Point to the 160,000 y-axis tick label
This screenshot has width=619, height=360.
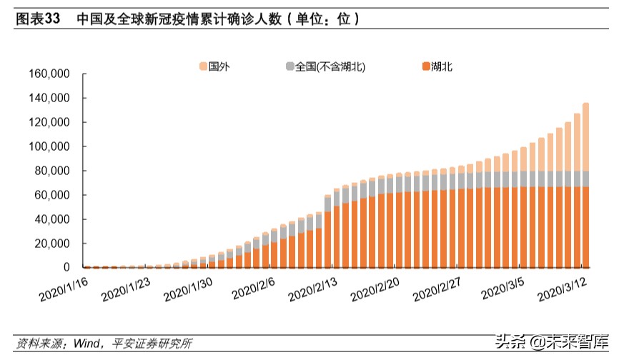(x=48, y=74)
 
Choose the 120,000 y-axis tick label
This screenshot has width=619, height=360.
(x=48, y=122)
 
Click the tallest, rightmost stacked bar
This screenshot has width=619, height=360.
(x=585, y=185)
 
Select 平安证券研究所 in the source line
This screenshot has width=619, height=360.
(x=150, y=344)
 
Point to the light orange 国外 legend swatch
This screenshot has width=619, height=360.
(x=203, y=66)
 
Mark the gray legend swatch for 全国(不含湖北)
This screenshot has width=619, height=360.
(x=289, y=66)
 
